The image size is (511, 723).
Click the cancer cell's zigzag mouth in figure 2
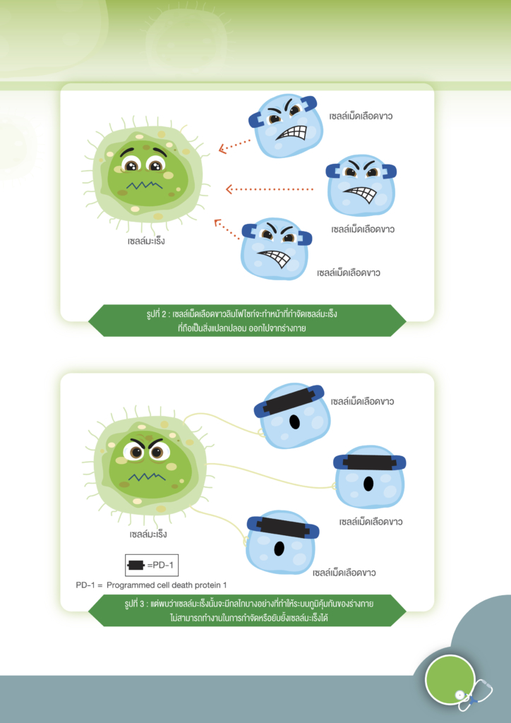145,186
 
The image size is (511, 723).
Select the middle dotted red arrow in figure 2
270,189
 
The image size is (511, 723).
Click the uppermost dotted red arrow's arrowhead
222,148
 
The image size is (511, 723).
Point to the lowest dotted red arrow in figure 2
227,229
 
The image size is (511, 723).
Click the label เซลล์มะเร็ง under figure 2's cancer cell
146,241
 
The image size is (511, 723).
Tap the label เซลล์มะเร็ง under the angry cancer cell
148,534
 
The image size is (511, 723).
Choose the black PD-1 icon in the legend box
137,566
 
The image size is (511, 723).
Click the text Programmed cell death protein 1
167,585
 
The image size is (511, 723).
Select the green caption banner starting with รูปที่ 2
247,321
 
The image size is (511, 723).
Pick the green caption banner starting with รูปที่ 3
247,611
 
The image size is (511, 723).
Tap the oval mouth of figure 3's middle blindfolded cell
368,483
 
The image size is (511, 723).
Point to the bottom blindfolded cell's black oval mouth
279,548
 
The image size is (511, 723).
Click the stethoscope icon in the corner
474,695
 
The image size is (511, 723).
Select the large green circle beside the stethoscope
450,679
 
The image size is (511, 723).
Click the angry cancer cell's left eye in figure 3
136,452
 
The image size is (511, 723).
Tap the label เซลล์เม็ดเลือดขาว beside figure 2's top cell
361,116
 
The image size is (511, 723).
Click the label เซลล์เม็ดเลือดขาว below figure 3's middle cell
371,522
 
